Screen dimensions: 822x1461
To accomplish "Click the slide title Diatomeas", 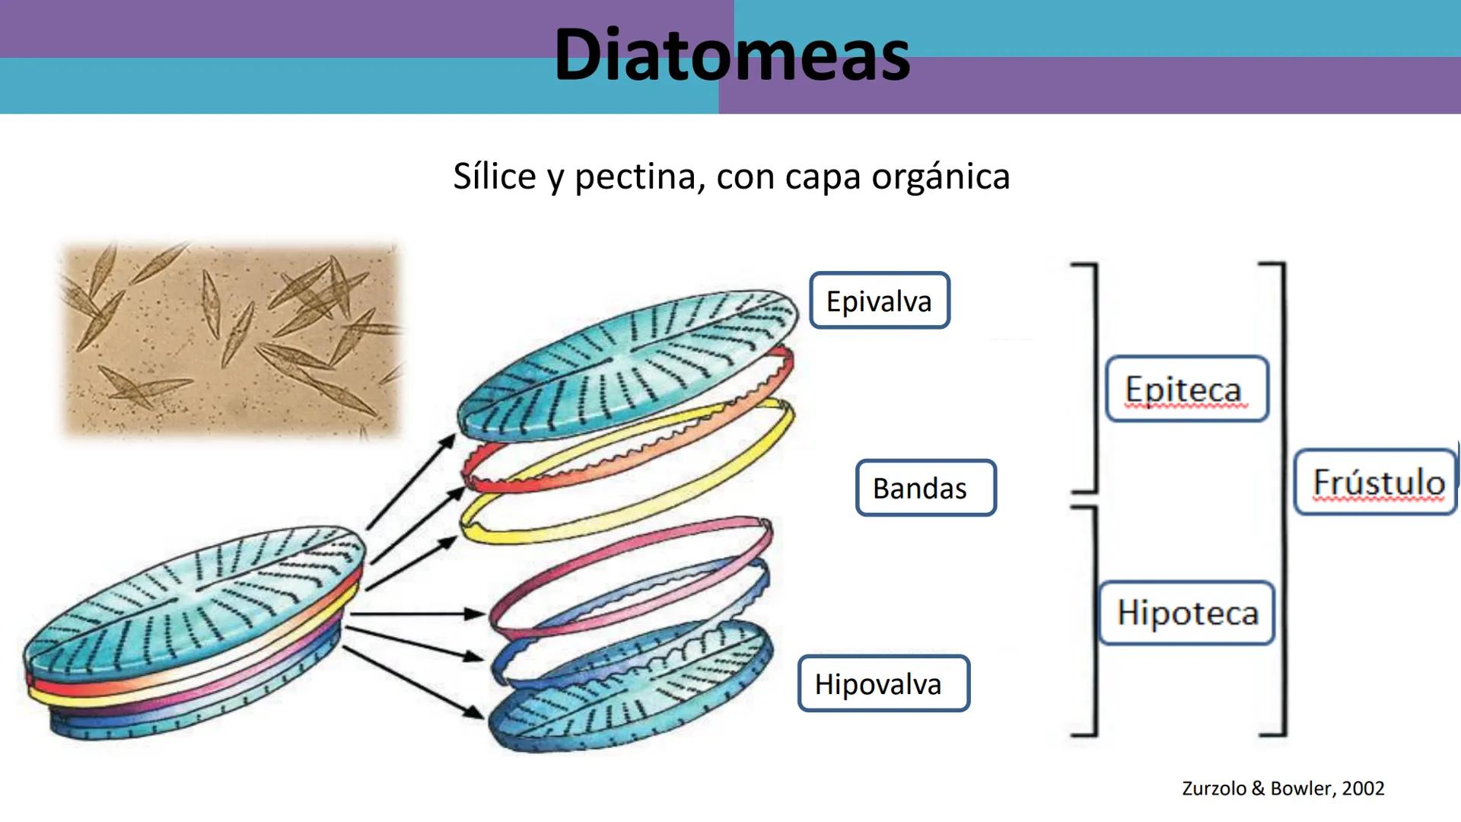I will pyautogui.click(x=731, y=55).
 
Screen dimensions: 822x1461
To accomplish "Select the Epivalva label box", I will pyautogui.click(x=880, y=301).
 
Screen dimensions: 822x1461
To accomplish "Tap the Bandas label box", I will pyautogui.click(x=925, y=488).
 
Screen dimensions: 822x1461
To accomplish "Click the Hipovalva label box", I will pyautogui.click(x=883, y=683).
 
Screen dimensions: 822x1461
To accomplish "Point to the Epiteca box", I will pyautogui.click(x=1186, y=390).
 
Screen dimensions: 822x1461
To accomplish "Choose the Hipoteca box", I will pyautogui.click(x=1186, y=613).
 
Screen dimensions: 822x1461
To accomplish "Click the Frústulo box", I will pyautogui.click(x=1376, y=483).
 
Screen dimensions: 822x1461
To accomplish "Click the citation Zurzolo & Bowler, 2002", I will pyautogui.click(x=1283, y=789).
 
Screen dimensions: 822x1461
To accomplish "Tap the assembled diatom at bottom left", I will pyautogui.click(x=190, y=632).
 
